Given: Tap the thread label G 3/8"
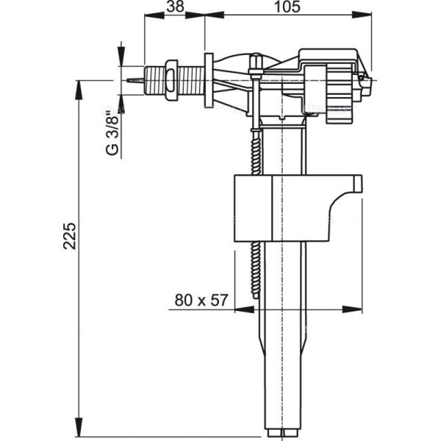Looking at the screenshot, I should [x=112, y=133].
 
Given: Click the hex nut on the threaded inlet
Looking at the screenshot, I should [x=172, y=78].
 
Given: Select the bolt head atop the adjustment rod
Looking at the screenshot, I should [x=255, y=60].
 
